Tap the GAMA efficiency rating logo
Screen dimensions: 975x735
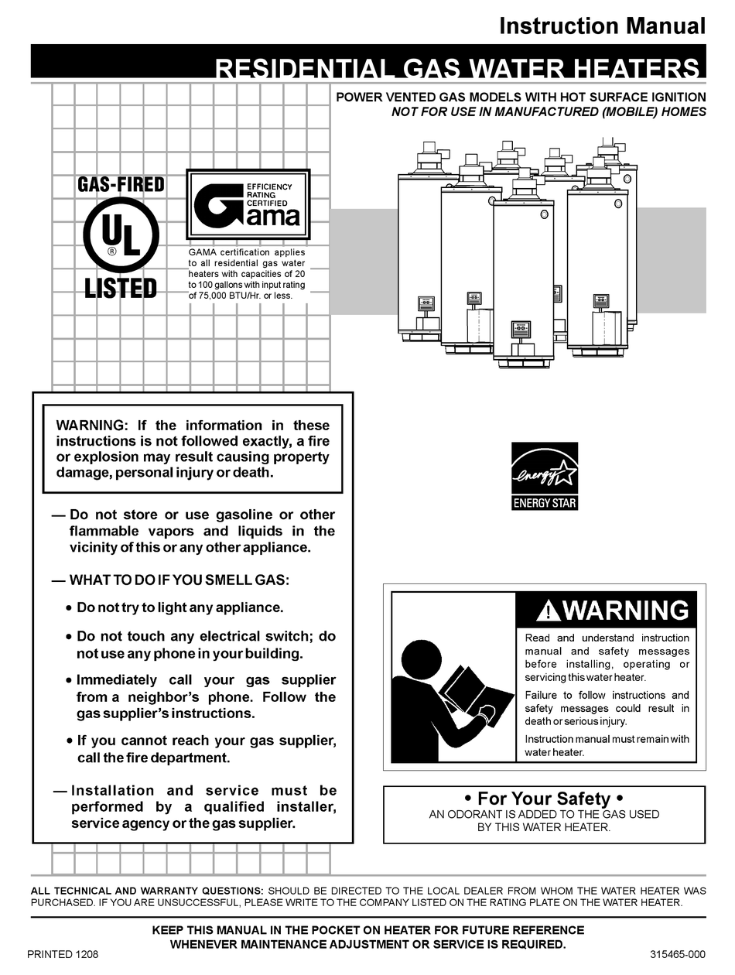pyautogui.click(x=248, y=205)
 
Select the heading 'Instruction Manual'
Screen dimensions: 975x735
pyautogui.click(x=602, y=26)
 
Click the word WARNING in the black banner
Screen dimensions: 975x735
pyautogui.click(x=625, y=611)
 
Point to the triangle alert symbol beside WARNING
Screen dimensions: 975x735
pyautogui.click(x=547, y=611)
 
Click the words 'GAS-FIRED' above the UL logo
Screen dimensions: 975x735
pyautogui.click(x=121, y=185)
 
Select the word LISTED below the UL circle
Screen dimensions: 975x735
pyautogui.click(x=121, y=289)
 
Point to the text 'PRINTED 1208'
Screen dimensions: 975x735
pyautogui.click(x=63, y=954)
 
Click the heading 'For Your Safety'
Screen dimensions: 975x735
pyautogui.click(x=544, y=798)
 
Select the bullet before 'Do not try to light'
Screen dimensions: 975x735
pyautogui.click(x=70, y=609)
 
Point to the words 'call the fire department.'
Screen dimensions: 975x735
pyautogui.click(x=154, y=758)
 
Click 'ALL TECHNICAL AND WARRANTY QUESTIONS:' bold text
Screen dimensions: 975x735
pyautogui.click(x=146, y=891)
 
